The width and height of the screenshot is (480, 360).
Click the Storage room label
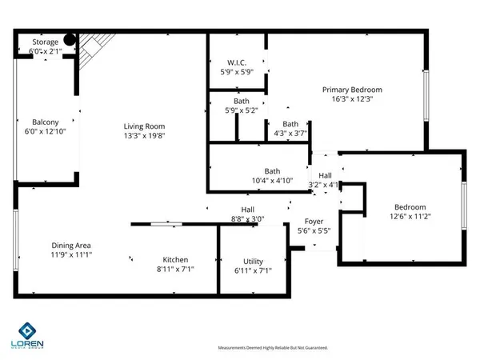[x=46, y=42]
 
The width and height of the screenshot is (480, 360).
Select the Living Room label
[x=144, y=126]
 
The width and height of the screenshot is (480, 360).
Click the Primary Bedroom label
[x=352, y=90]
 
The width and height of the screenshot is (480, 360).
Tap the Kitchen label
[x=176, y=260]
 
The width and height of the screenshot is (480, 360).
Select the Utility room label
[x=253, y=262]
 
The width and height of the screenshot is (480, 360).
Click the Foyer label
[x=313, y=222]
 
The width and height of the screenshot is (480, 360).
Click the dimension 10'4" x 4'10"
[x=273, y=181]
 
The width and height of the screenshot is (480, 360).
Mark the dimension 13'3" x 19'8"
[x=144, y=136]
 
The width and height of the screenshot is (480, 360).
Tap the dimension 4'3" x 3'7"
[x=290, y=134]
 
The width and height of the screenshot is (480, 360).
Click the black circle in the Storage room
[x=70, y=38]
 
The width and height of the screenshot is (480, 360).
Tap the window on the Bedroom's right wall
[x=464, y=206]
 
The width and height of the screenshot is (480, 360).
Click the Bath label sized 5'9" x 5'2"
[x=242, y=102]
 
